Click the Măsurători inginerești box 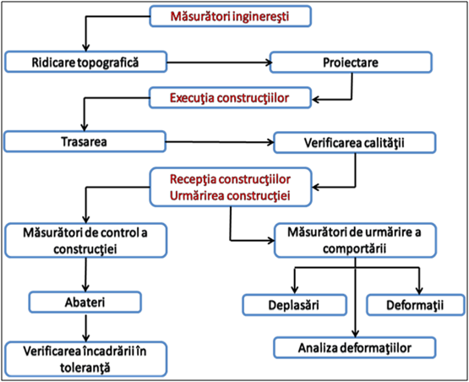[231, 16]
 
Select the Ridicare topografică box [85, 62]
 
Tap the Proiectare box [351, 63]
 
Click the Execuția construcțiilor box [230, 98]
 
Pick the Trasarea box [85, 141]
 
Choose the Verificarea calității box [354, 143]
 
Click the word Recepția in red [193, 179]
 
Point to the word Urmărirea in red [197, 195]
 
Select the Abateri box [85, 302]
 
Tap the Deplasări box [295, 305]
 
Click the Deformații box [416, 305]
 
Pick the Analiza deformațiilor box [355, 347]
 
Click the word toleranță [85, 368]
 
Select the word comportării [354, 248]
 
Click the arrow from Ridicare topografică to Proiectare [219, 63]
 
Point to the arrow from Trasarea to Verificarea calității [220, 142]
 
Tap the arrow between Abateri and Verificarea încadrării [86, 328]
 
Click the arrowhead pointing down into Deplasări [295, 290]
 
